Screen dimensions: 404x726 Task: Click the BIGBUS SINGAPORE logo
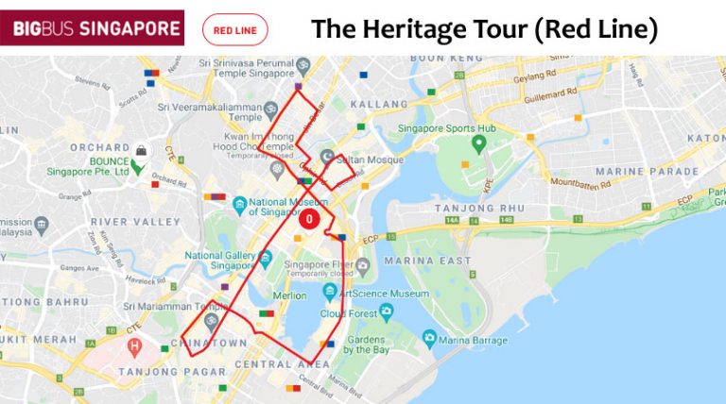point(92,27)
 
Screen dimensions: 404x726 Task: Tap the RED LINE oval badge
point(235,30)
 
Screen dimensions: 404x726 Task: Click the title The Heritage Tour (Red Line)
point(484,29)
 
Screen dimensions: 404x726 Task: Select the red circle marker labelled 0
point(309,219)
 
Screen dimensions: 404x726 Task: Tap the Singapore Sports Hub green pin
point(478,143)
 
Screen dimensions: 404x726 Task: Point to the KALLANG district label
point(378,104)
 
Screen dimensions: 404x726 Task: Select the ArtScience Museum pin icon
point(330,294)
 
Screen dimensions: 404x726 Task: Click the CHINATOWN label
point(201,343)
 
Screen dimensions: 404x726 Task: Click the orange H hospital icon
point(134,345)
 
